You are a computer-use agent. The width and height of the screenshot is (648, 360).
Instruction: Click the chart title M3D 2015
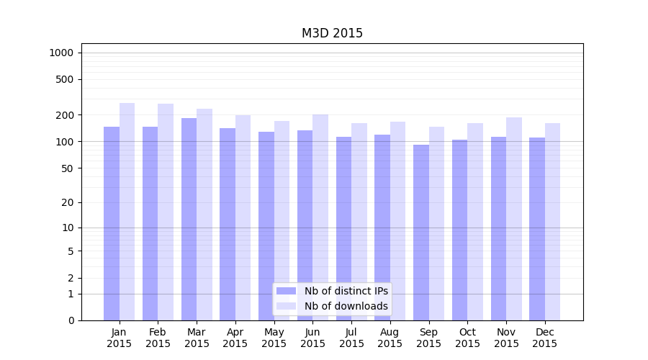pos(332,33)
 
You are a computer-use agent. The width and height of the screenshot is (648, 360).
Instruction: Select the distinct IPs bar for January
pos(112,223)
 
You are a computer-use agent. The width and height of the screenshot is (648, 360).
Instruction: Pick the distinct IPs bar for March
pos(189,220)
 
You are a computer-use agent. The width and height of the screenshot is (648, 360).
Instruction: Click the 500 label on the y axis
pos(65,79)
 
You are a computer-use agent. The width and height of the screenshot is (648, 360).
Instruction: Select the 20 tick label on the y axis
pos(67,202)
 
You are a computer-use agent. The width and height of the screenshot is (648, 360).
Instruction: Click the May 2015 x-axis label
pos(274,338)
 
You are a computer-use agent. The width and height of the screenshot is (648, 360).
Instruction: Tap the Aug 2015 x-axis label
pos(390,338)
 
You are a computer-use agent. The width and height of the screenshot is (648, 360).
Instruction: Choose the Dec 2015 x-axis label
pos(545,338)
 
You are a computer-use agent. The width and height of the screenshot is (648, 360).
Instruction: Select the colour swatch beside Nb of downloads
pos(287,306)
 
